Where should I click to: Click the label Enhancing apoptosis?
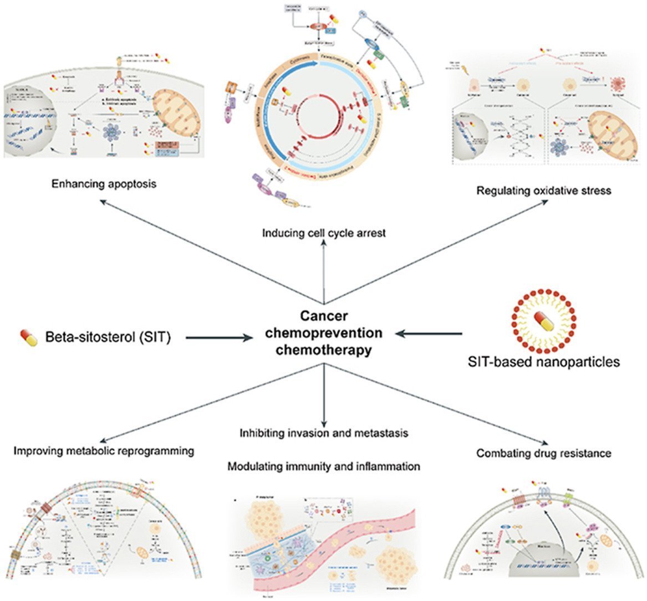[x=104, y=183]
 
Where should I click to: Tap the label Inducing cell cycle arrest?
[x=324, y=233]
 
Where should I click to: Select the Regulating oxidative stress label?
[x=543, y=191]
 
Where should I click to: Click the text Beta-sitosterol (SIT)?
[x=108, y=336]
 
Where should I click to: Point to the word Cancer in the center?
[x=324, y=316]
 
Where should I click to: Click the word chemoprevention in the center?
[x=324, y=333]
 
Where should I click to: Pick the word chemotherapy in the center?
[x=324, y=350]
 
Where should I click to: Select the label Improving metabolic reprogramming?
[x=104, y=451]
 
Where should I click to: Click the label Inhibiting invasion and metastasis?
[x=324, y=433]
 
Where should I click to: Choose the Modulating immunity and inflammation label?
[x=324, y=466]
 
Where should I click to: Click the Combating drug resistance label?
[x=543, y=453]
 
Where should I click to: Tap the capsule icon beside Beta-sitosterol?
[x=29, y=337]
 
